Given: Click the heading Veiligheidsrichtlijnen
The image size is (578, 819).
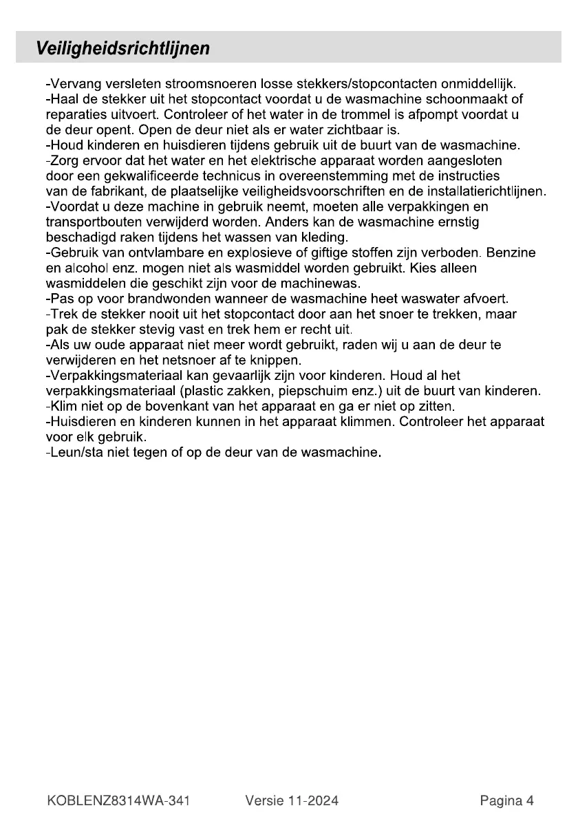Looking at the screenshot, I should coord(123,49).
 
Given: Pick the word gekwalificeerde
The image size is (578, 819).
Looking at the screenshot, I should coord(151,175).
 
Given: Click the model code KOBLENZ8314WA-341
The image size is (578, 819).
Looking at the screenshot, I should coord(119,800).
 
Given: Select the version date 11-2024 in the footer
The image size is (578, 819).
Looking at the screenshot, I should coord(313,800).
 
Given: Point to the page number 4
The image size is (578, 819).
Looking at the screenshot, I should coord(530,800).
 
